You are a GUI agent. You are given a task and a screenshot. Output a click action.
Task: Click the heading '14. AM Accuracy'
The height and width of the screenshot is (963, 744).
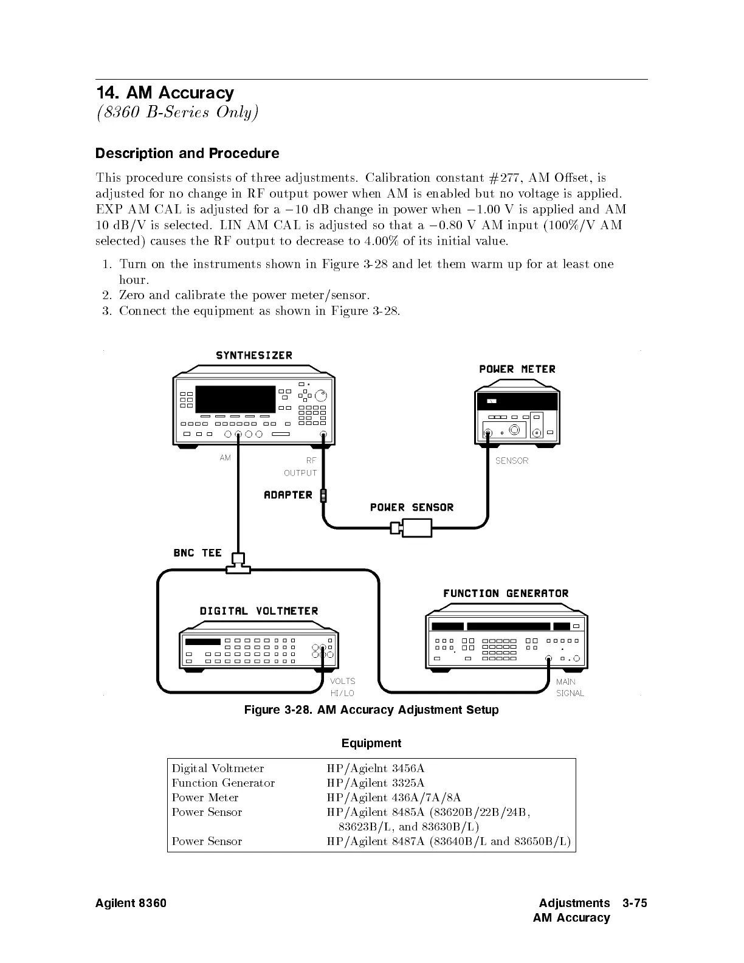tap(165, 93)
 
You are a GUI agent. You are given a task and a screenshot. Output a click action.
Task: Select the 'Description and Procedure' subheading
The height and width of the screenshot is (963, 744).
tap(187, 153)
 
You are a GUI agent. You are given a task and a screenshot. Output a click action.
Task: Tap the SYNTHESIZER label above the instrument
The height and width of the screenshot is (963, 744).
tap(254, 356)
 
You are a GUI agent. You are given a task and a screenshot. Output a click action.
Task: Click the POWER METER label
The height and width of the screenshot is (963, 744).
tap(517, 369)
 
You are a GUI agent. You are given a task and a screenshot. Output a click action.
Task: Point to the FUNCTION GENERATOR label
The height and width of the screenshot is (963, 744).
tap(506, 593)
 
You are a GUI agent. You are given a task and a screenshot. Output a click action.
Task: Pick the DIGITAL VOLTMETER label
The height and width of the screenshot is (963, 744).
tap(259, 611)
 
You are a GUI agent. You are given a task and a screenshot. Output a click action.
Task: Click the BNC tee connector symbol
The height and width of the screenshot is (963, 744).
tap(238, 564)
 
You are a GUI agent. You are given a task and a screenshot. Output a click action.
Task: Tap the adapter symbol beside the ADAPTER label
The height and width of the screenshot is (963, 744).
tap(323, 495)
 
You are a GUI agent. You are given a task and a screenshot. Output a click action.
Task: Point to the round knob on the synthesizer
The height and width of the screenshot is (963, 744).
tap(321, 396)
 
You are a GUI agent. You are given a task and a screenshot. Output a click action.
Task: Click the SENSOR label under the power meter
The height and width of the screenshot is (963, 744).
tap(512, 461)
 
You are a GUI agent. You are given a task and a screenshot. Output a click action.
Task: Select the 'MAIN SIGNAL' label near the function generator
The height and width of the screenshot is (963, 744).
tap(570, 688)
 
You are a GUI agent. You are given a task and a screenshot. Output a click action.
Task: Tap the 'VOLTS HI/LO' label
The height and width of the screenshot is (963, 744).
tap(342, 688)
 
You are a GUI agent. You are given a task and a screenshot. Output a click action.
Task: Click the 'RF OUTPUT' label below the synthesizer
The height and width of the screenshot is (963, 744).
tap(301, 467)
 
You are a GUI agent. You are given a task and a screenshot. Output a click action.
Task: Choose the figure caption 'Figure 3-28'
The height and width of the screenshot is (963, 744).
tap(371, 710)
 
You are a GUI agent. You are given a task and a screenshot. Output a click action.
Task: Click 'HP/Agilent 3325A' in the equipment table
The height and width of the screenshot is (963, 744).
tap(376, 783)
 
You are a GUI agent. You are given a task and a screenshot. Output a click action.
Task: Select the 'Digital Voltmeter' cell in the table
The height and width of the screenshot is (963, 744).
tap(218, 768)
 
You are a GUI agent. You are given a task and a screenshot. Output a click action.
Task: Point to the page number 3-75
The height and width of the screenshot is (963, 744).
tap(635, 903)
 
